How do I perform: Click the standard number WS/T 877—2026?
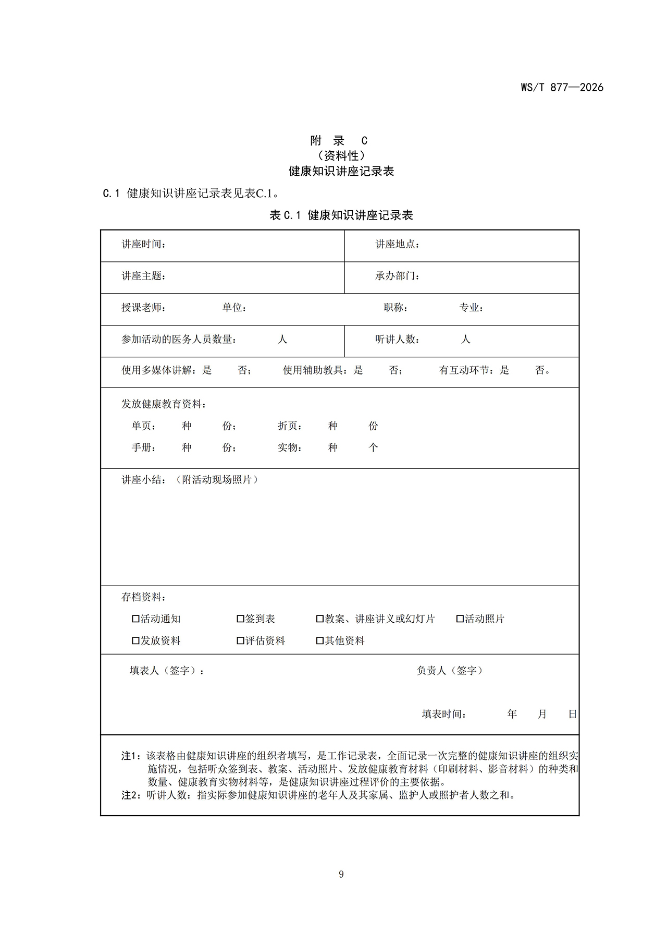pyautogui.click(x=562, y=88)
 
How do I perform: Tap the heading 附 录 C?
pyautogui.click(x=339, y=141)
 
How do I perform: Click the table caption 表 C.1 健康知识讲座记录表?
pyautogui.click(x=341, y=215)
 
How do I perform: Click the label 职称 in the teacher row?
pyautogui.click(x=395, y=308)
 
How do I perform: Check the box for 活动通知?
pyautogui.click(x=135, y=619)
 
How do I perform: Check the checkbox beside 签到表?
pyautogui.click(x=240, y=619)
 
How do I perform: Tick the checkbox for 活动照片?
pyautogui.click(x=460, y=619)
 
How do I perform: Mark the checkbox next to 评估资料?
pyautogui.click(x=240, y=641)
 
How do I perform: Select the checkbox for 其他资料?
pyautogui.click(x=320, y=641)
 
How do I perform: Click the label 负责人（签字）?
pyautogui.click(x=449, y=671)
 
